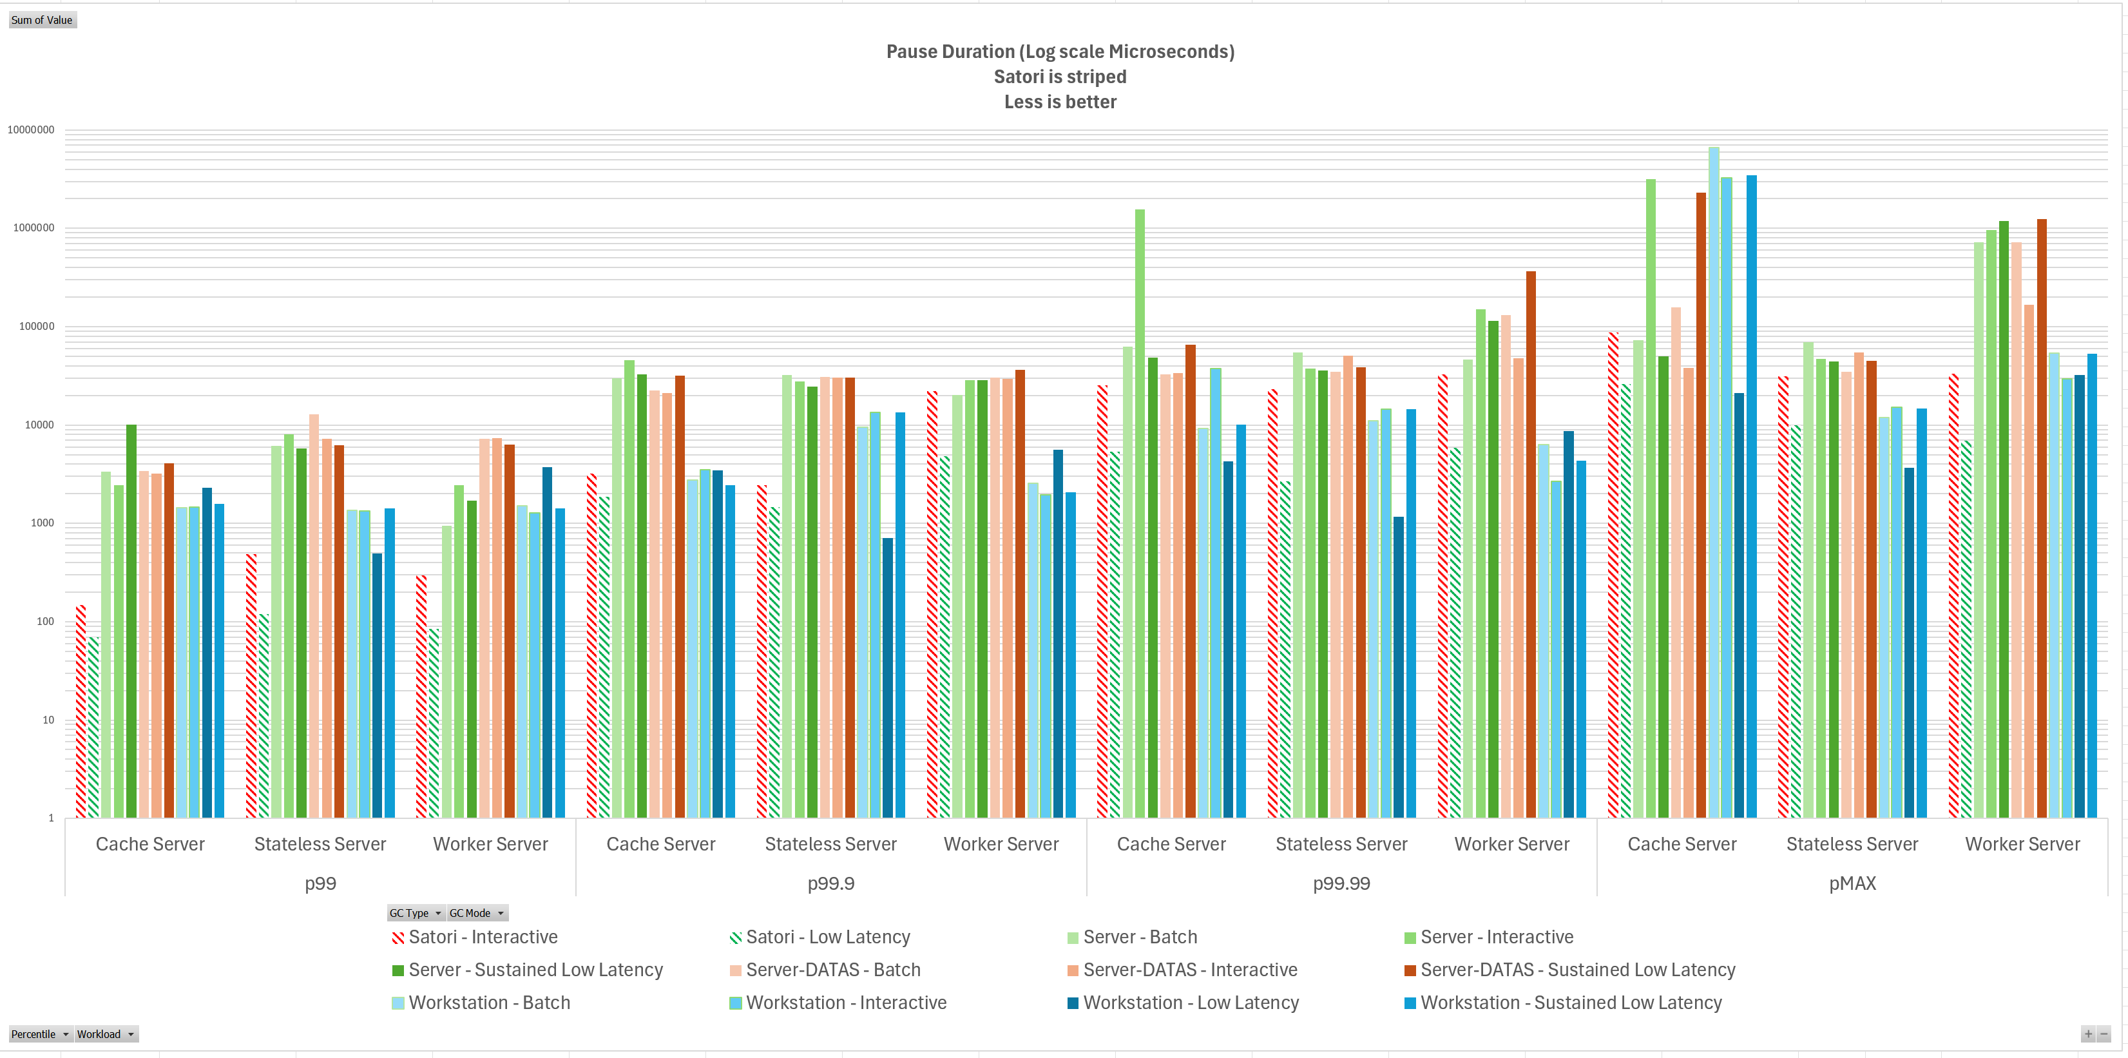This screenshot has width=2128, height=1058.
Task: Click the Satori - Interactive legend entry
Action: (483, 938)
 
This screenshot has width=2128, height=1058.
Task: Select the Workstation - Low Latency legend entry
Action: (1191, 1003)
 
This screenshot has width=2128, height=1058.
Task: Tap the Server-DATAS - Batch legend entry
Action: (832, 970)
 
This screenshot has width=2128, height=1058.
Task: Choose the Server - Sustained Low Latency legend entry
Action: (535, 970)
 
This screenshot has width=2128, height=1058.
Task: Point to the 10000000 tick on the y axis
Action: (32, 130)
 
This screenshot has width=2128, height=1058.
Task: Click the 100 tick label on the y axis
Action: (46, 622)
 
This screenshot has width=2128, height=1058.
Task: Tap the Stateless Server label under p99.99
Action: (1341, 844)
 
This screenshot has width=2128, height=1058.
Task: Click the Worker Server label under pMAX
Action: (2022, 844)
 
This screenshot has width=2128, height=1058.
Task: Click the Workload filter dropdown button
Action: (106, 1034)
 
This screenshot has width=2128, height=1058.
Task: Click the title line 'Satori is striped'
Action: (1060, 77)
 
